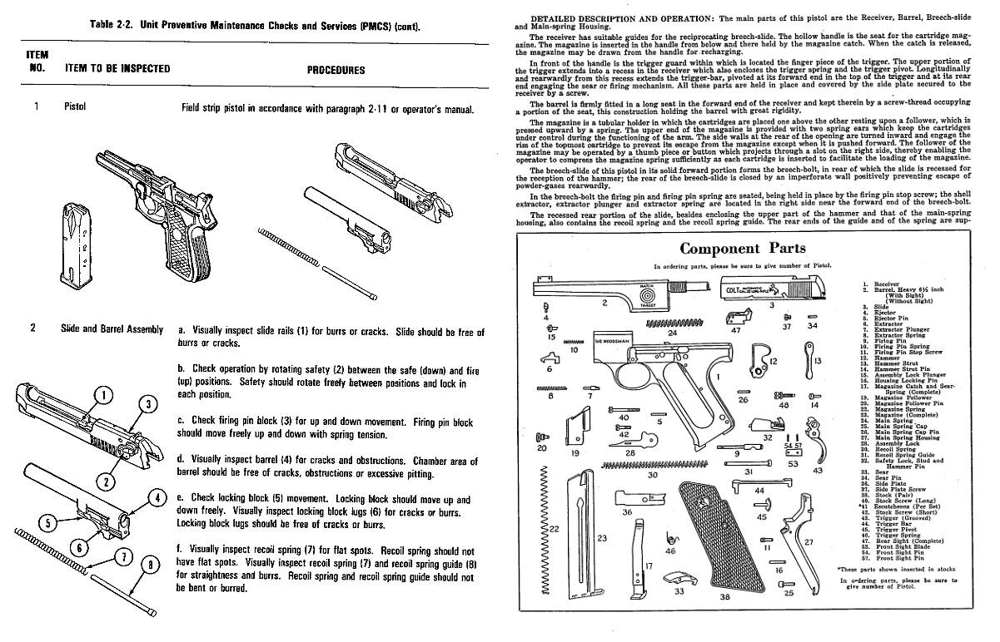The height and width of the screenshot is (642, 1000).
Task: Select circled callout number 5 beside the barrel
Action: (48, 522)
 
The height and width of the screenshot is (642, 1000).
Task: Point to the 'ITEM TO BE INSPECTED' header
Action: (117, 69)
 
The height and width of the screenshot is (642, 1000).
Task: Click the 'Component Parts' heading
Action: (743, 248)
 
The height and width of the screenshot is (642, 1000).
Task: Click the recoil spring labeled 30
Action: (651, 463)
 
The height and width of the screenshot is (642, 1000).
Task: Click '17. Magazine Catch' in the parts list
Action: (903, 387)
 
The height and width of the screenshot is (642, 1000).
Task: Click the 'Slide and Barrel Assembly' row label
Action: (112, 328)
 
